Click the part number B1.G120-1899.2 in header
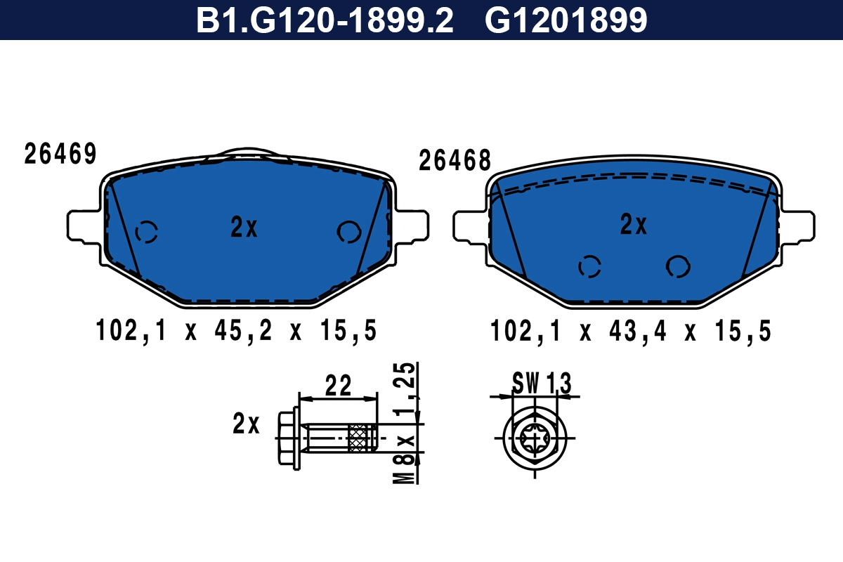coord(324,20)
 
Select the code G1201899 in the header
coord(566,20)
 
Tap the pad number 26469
coord(60,155)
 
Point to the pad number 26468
coord(455,161)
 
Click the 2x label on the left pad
coord(244,227)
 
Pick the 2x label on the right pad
coord(633,225)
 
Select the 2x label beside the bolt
coord(246,424)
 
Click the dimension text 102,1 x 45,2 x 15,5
coord(236,330)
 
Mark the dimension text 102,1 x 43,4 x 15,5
coord(631,330)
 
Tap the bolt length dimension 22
coord(338,385)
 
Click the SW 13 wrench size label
coord(541,384)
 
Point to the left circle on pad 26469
coord(147,231)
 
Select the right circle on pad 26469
coord(348,231)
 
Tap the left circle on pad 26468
coord(589,266)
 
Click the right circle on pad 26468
coord(678,266)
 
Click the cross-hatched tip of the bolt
coord(363,439)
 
